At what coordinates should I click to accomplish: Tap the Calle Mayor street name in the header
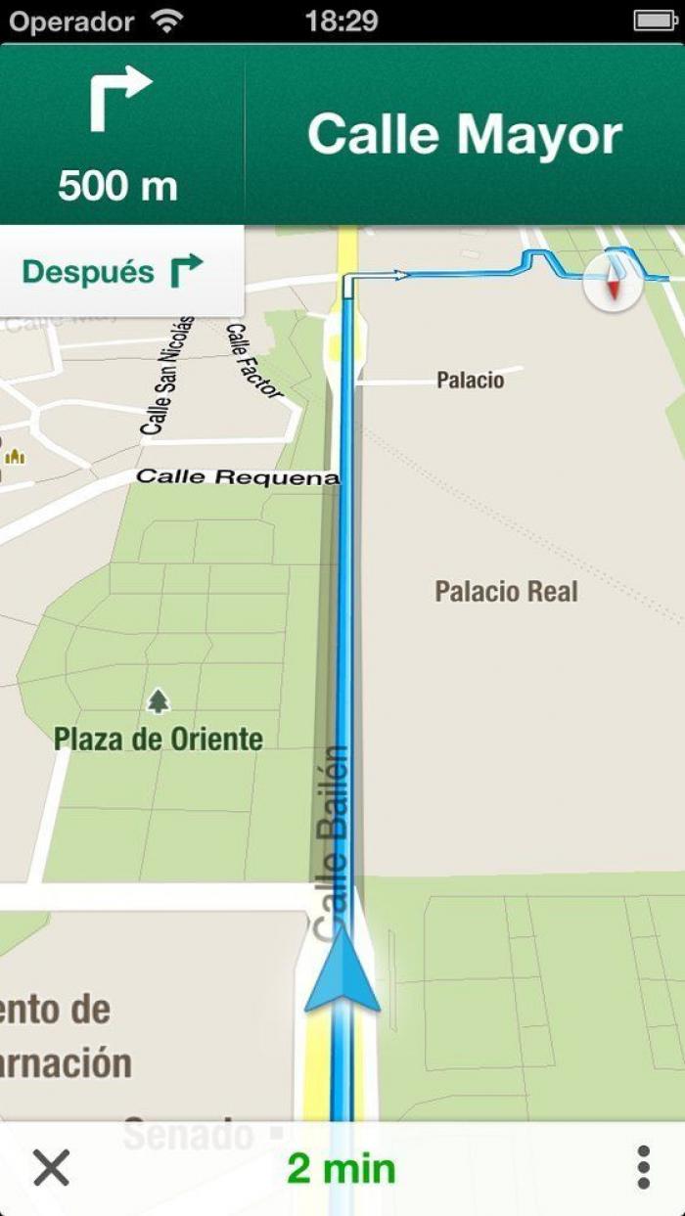(465, 135)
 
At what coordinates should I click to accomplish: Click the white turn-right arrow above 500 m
(120, 99)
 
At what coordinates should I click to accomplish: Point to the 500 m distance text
(117, 185)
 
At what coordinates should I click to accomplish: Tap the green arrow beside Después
(186, 271)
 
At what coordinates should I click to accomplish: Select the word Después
(88, 272)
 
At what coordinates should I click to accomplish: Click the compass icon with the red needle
(614, 283)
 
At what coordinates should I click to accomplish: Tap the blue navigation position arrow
(342, 970)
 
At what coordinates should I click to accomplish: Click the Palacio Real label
(506, 591)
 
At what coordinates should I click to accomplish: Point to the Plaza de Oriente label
(159, 739)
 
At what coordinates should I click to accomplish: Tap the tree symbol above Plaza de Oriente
(158, 700)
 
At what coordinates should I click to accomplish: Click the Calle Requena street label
(237, 477)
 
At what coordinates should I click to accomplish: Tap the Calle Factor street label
(253, 361)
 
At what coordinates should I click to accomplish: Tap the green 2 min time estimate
(342, 1168)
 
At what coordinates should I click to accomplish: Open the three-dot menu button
(643, 1167)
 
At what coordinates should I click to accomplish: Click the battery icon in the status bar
(654, 21)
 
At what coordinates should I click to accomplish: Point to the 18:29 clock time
(342, 21)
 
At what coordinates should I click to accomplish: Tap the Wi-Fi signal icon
(168, 21)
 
